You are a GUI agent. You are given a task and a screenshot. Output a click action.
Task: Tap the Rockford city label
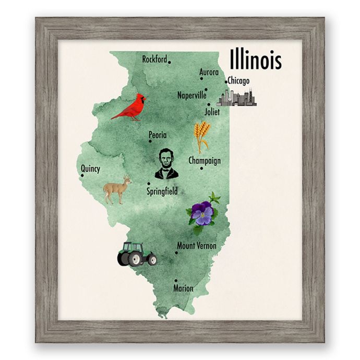[x=154, y=59]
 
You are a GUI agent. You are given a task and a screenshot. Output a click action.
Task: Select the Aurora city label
[x=209, y=73]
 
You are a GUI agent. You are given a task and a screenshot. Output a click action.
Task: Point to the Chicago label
[x=238, y=81]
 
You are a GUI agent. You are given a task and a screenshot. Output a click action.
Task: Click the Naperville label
[x=191, y=95]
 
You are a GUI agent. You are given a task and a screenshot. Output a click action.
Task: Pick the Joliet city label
[x=212, y=112]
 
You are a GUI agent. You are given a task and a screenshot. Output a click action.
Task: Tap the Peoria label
[x=158, y=135]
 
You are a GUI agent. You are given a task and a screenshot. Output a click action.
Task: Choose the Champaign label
[x=205, y=161]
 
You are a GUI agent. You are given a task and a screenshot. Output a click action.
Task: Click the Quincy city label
[x=90, y=169]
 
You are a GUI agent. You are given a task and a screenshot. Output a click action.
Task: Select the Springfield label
[x=162, y=191]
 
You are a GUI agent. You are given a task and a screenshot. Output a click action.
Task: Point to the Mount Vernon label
[x=197, y=246]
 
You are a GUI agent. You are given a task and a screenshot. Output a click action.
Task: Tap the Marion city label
[x=183, y=289]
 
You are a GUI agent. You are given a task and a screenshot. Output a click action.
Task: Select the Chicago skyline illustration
[x=236, y=98]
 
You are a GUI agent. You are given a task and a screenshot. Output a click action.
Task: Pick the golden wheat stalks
[x=202, y=135]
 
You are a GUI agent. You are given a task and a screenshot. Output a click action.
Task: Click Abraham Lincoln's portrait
[x=166, y=164]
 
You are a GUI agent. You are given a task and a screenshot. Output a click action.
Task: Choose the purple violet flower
[x=202, y=212]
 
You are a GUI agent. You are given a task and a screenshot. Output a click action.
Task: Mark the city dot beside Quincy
[x=82, y=176]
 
